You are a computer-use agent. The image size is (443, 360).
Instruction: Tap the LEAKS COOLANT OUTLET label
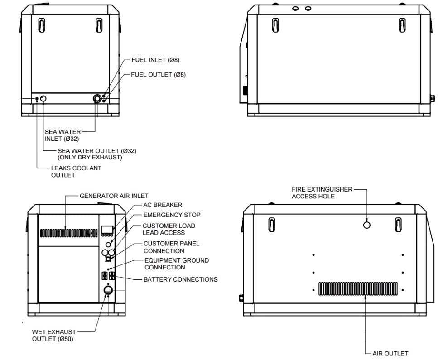click(x=76, y=172)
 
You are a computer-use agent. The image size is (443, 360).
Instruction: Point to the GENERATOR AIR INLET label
click(x=114, y=196)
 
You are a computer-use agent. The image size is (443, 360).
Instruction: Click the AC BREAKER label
click(x=163, y=205)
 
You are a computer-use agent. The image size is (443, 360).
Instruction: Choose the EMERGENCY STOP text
click(x=172, y=215)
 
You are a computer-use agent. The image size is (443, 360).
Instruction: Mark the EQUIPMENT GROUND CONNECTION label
click(x=176, y=264)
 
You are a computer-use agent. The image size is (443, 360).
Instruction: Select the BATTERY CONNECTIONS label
click(x=180, y=279)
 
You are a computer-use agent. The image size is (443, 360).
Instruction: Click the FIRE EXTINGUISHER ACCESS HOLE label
click(x=322, y=192)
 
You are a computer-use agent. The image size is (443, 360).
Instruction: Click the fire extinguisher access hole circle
click(x=367, y=225)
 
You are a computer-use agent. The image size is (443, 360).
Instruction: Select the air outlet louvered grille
click(x=358, y=288)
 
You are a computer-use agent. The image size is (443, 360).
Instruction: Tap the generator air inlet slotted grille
click(x=69, y=233)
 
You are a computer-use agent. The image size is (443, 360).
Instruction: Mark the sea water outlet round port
click(x=43, y=99)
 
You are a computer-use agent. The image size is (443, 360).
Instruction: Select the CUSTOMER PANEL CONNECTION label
click(x=171, y=247)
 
